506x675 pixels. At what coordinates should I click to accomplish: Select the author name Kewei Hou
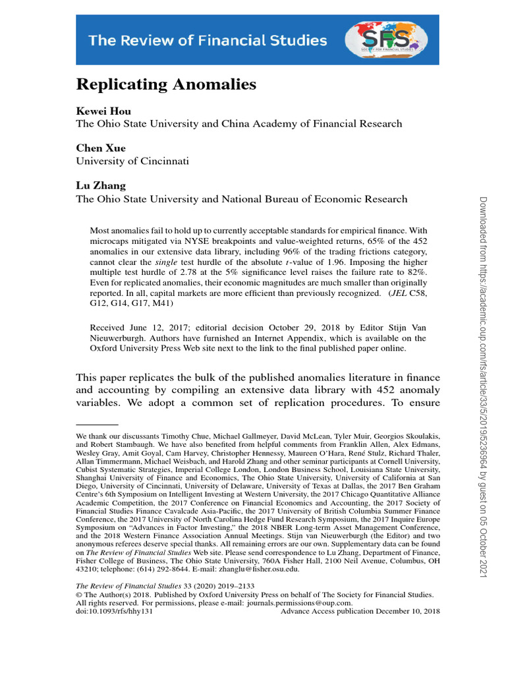coord(104,111)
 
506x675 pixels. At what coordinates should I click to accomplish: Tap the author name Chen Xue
coord(101,148)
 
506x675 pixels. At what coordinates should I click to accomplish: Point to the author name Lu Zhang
coord(101,186)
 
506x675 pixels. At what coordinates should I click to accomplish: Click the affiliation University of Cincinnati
coord(132,161)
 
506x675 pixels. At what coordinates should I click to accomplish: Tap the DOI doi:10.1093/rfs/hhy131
coord(115,611)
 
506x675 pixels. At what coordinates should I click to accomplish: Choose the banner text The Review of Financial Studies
coord(208,41)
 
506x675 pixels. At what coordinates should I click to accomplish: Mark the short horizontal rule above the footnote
coord(97,426)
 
